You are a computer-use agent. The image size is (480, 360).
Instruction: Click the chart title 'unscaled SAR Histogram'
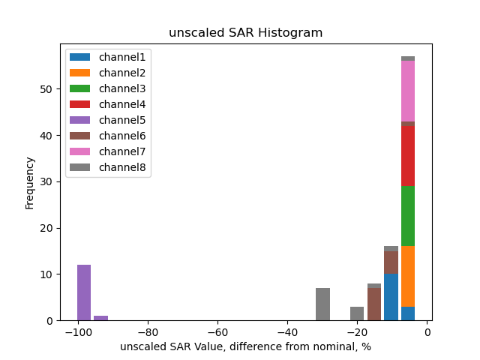point(245,32)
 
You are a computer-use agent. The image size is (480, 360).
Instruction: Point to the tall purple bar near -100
point(84,292)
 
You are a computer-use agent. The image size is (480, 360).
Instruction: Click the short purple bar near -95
point(101,318)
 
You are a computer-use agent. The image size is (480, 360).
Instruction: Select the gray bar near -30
point(323,304)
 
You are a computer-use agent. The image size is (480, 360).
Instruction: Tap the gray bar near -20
point(357,313)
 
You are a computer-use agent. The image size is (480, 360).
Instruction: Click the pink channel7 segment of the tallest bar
point(408,91)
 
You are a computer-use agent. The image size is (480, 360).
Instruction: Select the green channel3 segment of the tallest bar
point(408,216)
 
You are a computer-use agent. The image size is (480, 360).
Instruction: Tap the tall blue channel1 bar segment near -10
point(391,297)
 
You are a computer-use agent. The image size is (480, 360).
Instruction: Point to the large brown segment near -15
point(374,304)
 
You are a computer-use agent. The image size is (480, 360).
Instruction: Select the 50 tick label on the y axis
point(48,89)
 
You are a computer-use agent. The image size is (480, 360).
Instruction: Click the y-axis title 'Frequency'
point(30,182)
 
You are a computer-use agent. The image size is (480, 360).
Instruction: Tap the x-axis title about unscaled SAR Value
point(245,346)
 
